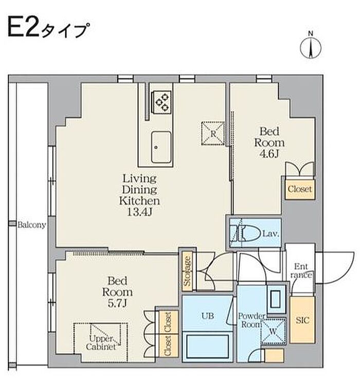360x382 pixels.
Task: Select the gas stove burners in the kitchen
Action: click(162, 102)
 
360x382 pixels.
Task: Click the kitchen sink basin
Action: click(161, 148)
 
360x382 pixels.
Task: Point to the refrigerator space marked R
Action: click(213, 134)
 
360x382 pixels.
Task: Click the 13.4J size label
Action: click(139, 212)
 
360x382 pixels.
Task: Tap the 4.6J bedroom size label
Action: click(269, 154)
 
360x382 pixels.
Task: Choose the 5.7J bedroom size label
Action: click(117, 303)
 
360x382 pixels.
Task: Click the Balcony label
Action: click(32, 225)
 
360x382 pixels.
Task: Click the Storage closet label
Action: click(187, 271)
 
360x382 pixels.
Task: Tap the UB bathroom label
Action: click(208, 316)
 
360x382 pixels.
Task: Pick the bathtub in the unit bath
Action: click(207, 346)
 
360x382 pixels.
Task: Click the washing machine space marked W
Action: click(273, 331)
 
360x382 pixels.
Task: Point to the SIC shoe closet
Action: click(302, 320)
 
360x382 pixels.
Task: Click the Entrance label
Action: click(301, 270)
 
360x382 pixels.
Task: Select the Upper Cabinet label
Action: click(101, 342)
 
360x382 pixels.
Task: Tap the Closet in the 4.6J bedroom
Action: click(300, 189)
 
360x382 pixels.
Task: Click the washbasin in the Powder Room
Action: click(276, 299)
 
